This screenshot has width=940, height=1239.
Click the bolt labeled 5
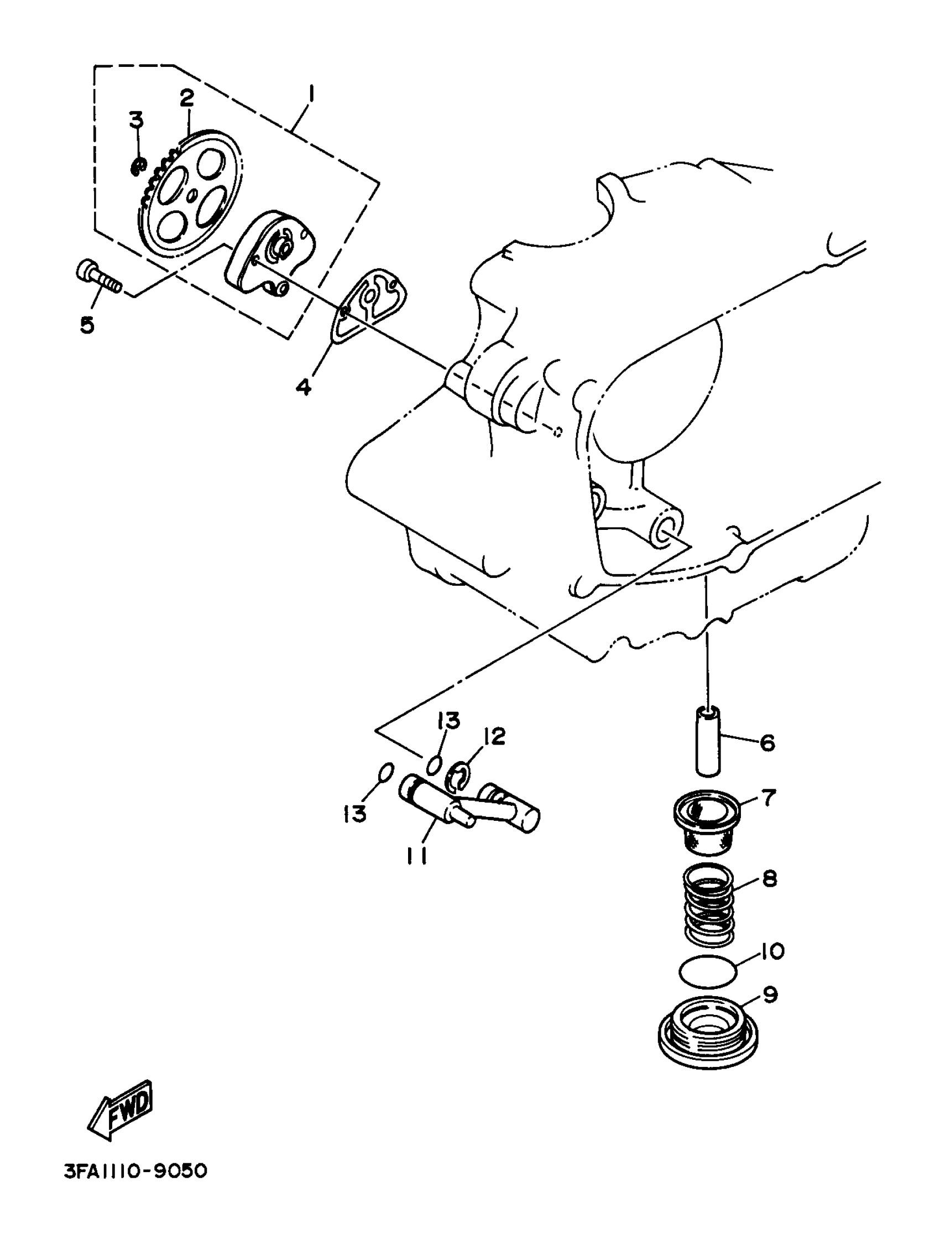click(100, 277)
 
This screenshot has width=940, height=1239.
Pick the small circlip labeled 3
click(138, 166)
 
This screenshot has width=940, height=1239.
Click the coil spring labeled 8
click(709, 904)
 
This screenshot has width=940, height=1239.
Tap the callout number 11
click(416, 856)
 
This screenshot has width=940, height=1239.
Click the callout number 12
click(494, 737)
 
